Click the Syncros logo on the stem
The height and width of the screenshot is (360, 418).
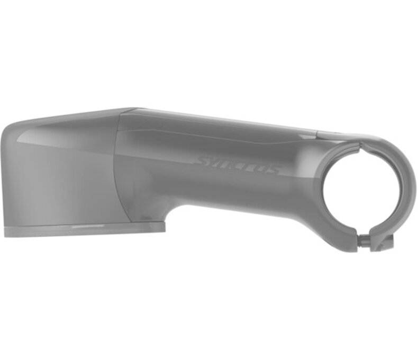[238, 164]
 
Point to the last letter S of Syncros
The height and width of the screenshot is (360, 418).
[273, 169]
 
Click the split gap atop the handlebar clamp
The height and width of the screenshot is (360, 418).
[360, 144]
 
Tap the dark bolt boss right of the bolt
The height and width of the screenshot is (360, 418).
[383, 242]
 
